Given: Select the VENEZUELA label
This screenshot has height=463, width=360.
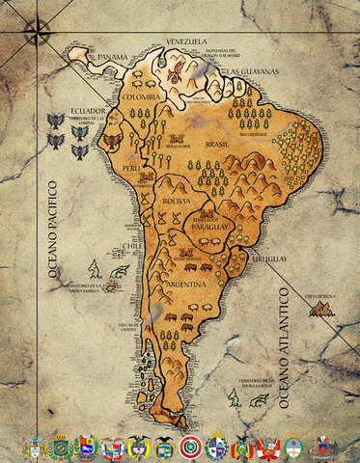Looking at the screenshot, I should coord(187,42).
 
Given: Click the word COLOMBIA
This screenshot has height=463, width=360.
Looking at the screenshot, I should coord(141,97).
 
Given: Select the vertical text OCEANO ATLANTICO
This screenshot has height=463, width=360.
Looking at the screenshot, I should coord(285,348).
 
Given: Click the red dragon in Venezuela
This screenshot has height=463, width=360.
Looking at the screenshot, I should coord(177,68).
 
